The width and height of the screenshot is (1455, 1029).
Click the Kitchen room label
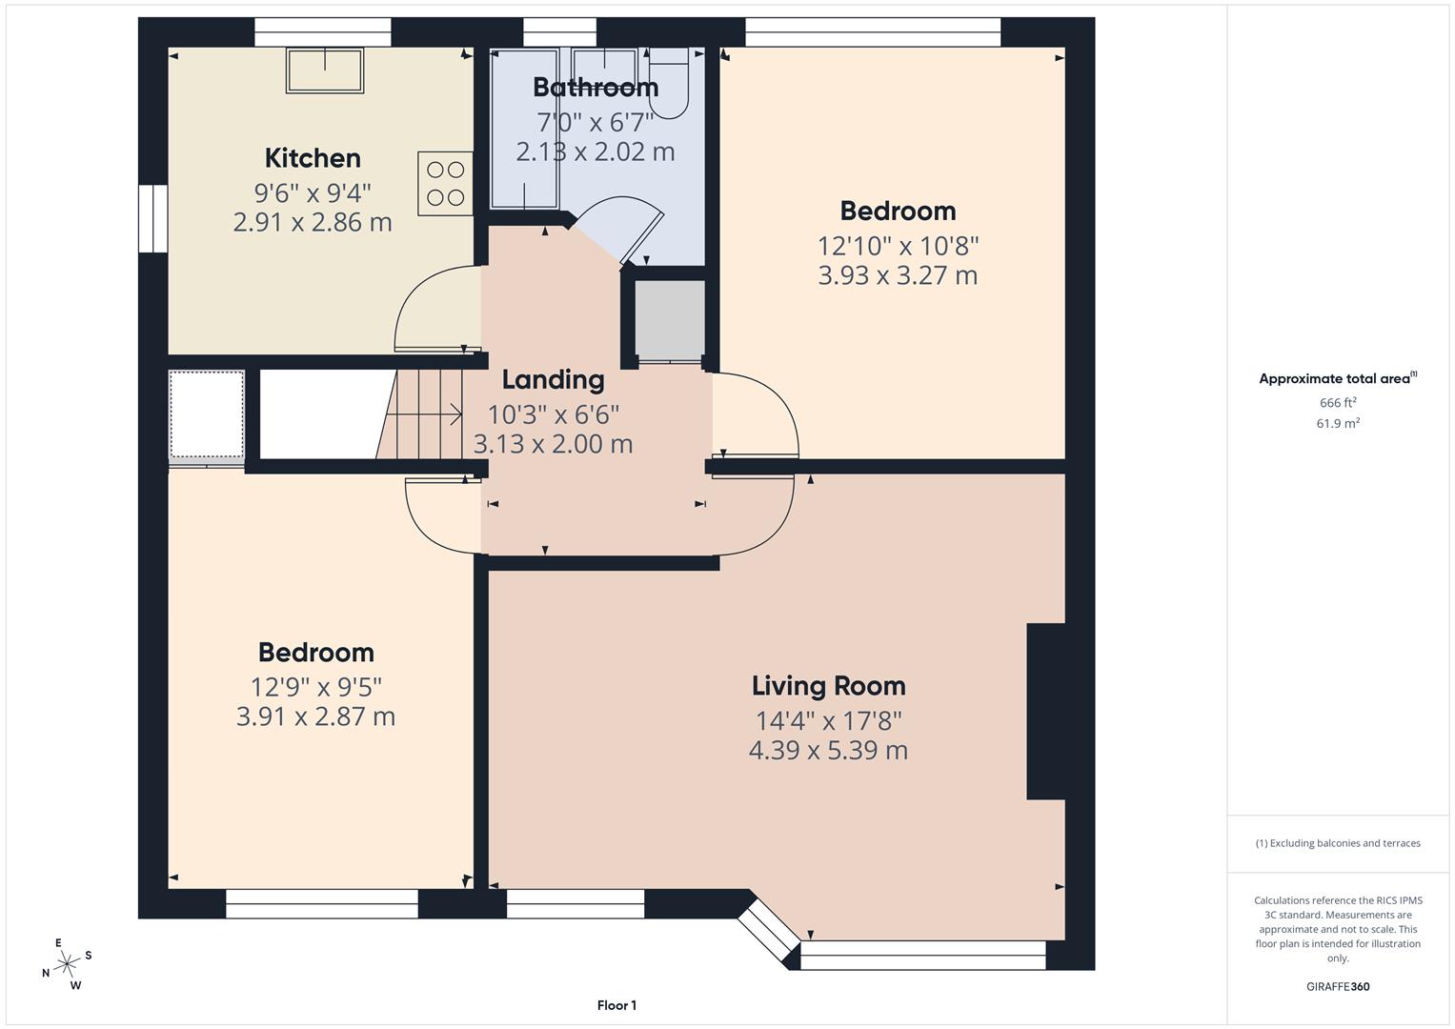pyautogui.click(x=313, y=158)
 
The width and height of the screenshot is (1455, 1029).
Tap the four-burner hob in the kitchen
pyautogui.click(x=445, y=183)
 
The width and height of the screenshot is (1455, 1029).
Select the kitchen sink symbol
pyautogui.click(x=325, y=71)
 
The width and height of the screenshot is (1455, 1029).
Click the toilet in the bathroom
pyautogui.click(x=668, y=84)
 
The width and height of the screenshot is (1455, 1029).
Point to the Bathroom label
pyautogui.click(x=596, y=88)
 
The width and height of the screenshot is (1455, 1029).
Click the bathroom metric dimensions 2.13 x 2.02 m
pyautogui.click(x=596, y=152)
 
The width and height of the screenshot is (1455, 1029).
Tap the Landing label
pyautogui.click(x=553, y=380)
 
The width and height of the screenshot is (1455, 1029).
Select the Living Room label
pyautogui.click(x=828, y=686)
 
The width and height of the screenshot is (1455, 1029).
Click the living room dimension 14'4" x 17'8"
pyautogui.click(x=828, y=721)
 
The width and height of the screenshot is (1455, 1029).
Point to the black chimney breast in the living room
pyautogui.click(x=1045, y=711)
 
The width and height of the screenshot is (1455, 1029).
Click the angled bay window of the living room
pyautogui.click(x=768, y=931)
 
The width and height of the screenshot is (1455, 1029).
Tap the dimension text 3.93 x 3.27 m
pyautogui.click(x=898, y=276)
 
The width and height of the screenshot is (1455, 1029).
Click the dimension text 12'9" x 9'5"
pyautogui.click(x=315, y=687)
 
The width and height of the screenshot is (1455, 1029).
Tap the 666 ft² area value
pyautogui.click(x=1338, y=403)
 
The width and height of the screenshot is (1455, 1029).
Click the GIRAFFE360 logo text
pyautogui.click(x=1338, y=986)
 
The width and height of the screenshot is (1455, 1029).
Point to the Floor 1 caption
pyautogui.click(x=616, y=1005)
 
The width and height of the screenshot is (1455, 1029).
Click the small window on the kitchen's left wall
pyautogui.click(x=152, y=218)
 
